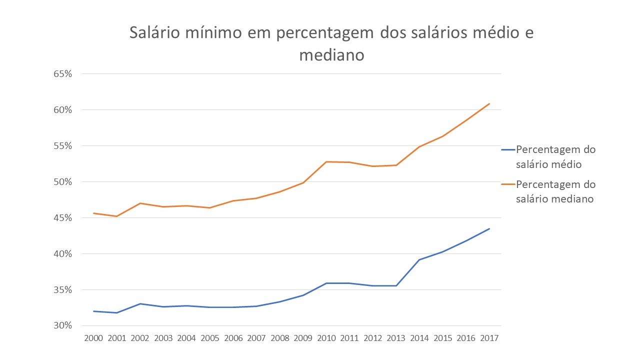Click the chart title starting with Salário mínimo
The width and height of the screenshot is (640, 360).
[331, 43]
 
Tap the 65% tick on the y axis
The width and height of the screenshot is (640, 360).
[62, 74]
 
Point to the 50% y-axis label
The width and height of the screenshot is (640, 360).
[62, 182]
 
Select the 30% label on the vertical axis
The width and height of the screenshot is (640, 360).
[62, 325]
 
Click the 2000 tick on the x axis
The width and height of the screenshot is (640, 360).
[93, 338]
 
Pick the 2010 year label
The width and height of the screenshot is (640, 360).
[326, 338]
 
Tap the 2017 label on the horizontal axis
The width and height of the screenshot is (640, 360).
[489, 338]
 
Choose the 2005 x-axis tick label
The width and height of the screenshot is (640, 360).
[210, 338]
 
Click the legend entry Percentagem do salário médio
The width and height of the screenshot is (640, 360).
[548, 157]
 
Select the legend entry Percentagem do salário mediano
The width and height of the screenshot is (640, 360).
[548, 191]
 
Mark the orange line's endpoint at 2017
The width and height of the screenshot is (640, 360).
[489, 103]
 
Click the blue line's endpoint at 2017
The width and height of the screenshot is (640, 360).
[489, 228]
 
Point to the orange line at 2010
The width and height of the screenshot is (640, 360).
[326, 161]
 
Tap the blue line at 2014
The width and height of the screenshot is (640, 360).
[419, 259]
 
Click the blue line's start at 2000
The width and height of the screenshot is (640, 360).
[93, 311]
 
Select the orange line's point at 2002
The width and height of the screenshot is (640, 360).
[140, 203]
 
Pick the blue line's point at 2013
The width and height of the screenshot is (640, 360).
[396, 285]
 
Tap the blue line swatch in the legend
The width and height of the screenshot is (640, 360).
[508, 149]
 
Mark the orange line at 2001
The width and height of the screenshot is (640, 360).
[116, 216]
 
